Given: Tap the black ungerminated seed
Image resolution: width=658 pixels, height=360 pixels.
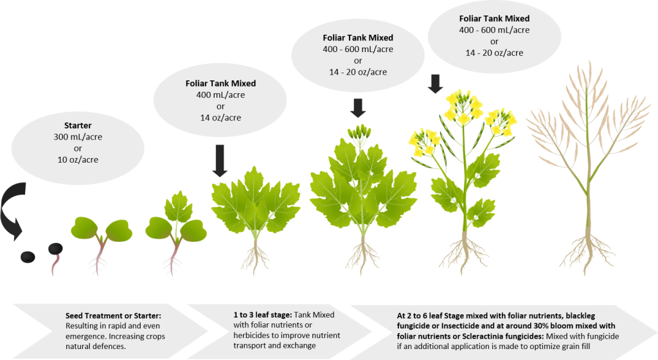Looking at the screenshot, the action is (x=28, y=257).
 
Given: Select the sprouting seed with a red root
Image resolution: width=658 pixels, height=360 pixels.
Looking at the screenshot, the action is (x=55, y=256).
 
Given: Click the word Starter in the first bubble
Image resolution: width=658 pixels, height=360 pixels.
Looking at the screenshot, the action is (x=78, y=125).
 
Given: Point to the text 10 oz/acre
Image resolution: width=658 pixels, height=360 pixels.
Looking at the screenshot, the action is (x=78, y=160).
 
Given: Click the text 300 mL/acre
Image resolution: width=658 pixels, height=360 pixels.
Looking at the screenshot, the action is (x=78, y=137).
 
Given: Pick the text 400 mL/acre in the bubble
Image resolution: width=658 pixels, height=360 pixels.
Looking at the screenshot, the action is (x=220, y=95).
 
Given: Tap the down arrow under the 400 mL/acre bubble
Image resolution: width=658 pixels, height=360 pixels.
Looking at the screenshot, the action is (x=220, y=161).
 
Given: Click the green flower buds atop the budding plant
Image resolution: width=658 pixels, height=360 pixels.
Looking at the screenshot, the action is (x=359, y=132).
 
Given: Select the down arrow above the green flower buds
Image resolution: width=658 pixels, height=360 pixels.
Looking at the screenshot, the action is (x=358, y=108).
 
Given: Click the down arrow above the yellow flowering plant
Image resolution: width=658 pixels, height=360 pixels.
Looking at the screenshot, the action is (x=435, y=84).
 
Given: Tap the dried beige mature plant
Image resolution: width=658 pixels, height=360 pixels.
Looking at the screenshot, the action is (x=587, y=168).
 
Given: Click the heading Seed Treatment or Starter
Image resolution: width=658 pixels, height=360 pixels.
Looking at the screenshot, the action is (x=113, y=316).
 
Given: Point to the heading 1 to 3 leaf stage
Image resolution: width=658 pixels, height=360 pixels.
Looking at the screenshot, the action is (x=263, y=315).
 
